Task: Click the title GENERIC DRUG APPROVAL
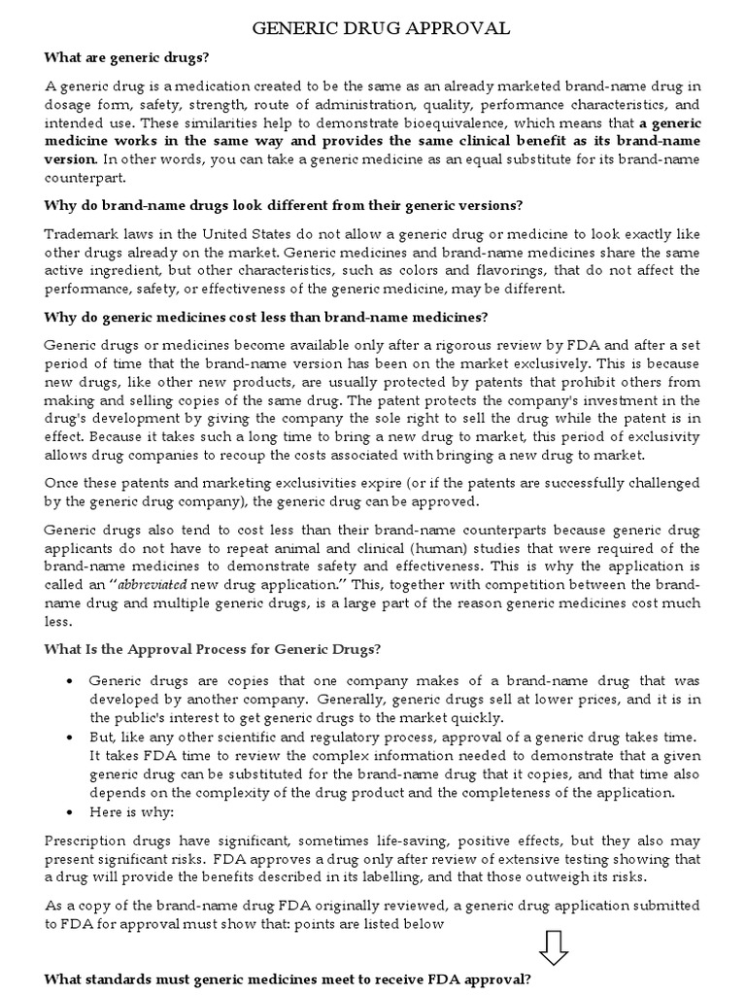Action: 381,29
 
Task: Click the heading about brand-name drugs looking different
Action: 284,206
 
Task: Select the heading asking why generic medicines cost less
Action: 266,317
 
